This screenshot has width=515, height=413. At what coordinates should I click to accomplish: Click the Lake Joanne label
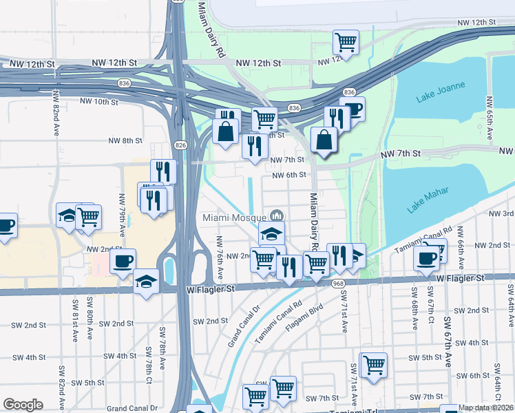click(441, 92)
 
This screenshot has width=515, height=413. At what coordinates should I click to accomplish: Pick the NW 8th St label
click(125, 140)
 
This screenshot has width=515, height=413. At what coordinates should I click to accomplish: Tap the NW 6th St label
click(288, 175)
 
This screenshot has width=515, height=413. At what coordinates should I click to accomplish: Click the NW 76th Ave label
click(220, 254)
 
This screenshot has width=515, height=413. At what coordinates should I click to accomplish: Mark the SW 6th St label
click(473, 375)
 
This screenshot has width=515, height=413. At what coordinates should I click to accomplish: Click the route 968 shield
click(337, 284)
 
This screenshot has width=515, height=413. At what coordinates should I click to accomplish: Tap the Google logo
click(23, 405)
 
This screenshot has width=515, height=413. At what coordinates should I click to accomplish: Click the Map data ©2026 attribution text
click(486, 407)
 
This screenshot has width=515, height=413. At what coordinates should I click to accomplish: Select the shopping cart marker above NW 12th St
click(346, 42)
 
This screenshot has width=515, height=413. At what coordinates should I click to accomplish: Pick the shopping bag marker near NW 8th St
click(225, 130)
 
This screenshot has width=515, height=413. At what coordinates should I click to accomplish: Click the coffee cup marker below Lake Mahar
click(425, 259)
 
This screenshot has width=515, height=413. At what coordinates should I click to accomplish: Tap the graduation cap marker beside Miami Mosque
click(272, 233)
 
